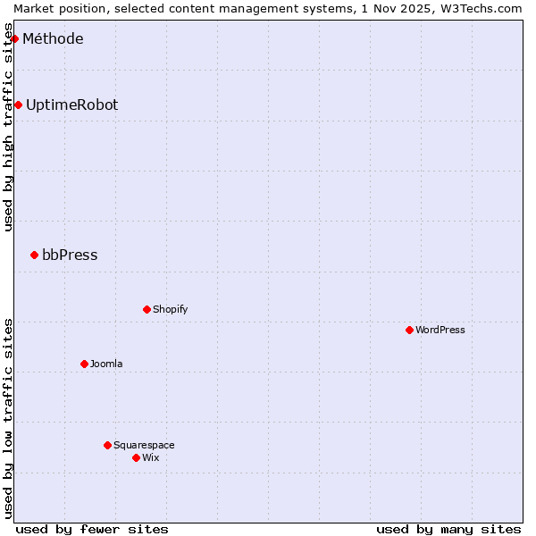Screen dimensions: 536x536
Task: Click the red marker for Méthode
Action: (x=15, y=38)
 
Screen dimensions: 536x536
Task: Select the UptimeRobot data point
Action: (x=18, y=105)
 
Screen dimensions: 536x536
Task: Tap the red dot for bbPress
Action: (x=35, y=255)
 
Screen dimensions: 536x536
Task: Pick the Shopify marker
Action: (x=147, y=309)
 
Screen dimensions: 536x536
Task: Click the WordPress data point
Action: (x=410, y=330)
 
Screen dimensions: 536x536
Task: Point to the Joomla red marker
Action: (x=85, y=364)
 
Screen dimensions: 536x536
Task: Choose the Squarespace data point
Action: (x=108, y=445)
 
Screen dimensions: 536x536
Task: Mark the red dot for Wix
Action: (x=137, y=457)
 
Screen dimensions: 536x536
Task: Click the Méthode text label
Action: (x=53, y=38)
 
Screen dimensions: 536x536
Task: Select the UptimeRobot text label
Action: (x=71, y=105)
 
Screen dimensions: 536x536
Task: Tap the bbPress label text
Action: (x=70, y=255)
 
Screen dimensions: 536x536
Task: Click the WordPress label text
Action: (x=440, y=330)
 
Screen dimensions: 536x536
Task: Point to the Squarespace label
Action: (x=144, y=445)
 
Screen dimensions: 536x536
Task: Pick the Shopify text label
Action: (x=170, y=309)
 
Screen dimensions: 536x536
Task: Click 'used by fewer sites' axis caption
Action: (x=92, y=529)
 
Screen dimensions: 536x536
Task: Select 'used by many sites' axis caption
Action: (x=448, y=529)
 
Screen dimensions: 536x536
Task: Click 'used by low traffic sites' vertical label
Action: (x=8, y=418)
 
